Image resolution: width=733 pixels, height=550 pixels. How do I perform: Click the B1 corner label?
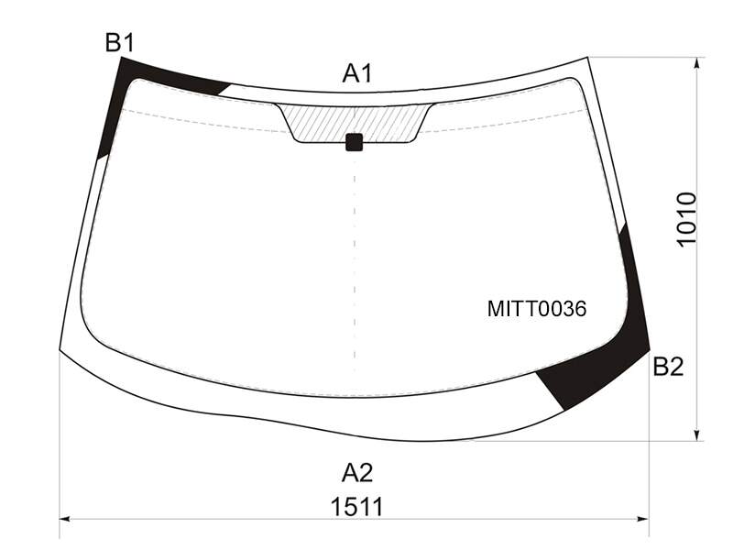pyautogui.click(x=120, y=42)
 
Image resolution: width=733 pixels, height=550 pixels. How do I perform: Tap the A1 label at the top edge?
pyautogui.click(x=357, y=73)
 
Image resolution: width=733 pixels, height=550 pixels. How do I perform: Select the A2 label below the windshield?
pyautogui.click(x=357, y=473)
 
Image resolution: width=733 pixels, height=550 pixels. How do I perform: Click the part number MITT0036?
pyautogui.click(x=537, y=309)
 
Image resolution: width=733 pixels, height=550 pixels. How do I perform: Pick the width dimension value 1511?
pyautogui.click(x=357, y=507)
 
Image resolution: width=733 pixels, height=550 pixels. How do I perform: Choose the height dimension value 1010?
pyautogui.click(x=686, y=219)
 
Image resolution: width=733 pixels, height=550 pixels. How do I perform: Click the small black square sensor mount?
pyautogui.click(x=355, y=142)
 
